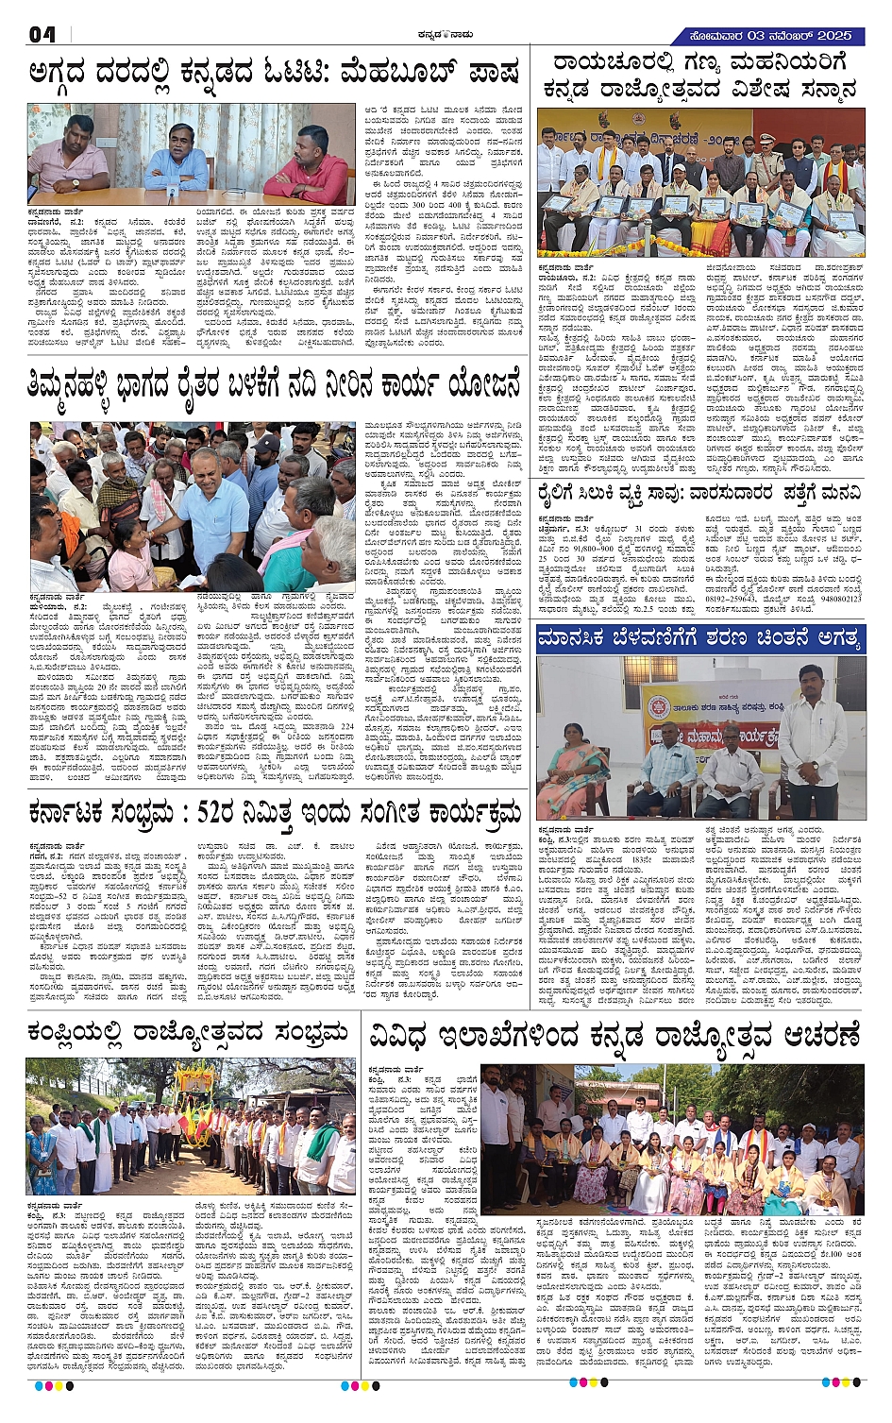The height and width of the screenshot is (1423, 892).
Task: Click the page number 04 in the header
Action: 42,35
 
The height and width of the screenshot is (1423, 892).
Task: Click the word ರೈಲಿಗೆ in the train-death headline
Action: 566,493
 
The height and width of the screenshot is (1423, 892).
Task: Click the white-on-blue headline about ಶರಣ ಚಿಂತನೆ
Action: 698,638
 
